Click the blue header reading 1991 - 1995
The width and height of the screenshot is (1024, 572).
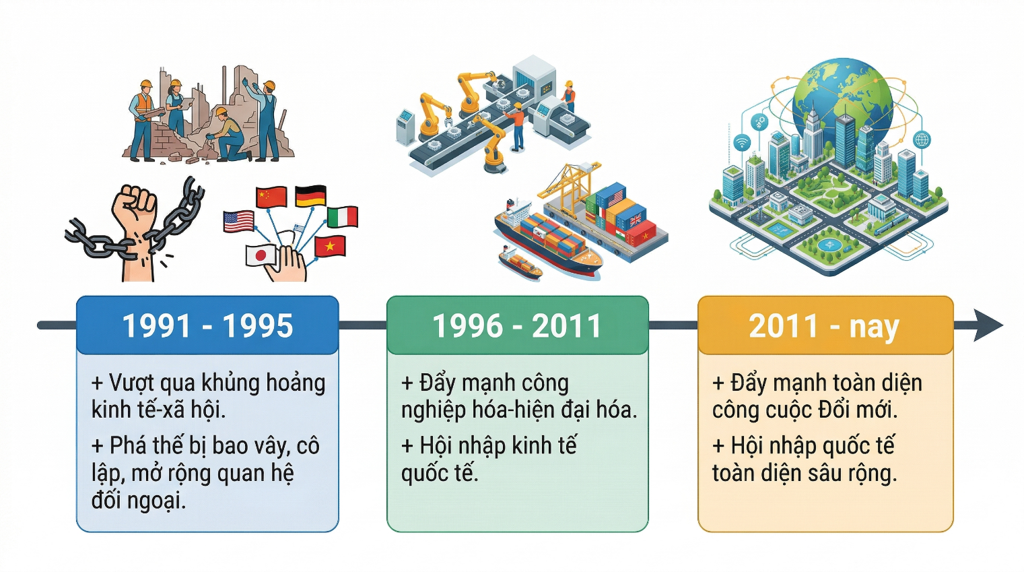coord(207,325)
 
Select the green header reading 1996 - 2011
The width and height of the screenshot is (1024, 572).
coord(517,325)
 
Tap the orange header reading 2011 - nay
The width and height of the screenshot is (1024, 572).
coord(825,325)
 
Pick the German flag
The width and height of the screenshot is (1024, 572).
coord(310,195)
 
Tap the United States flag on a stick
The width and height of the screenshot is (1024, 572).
coord(238,221)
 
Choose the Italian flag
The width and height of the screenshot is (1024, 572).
coord(342,217)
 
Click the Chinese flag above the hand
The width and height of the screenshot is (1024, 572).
coord(271,197)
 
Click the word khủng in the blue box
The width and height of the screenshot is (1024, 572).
coord(230,383)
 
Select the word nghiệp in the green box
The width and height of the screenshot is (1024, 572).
coord(432,410)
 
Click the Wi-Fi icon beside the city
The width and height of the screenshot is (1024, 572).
coord(741,143)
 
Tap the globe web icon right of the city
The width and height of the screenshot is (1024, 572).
coord(922,140)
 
